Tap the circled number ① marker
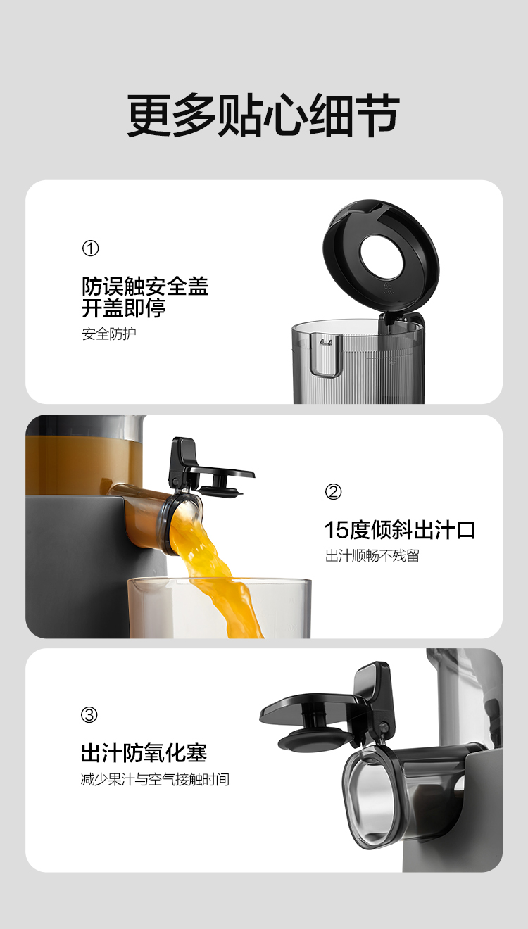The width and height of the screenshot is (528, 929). (90, 248)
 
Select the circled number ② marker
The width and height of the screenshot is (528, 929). (333, 491)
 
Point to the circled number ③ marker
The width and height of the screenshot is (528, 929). (89, 715)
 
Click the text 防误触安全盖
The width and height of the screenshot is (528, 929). (145, 286)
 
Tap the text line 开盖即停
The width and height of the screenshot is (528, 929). (124, 308)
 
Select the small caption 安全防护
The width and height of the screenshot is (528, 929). (109, 334)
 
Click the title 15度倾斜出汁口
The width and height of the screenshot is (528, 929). (399, 530)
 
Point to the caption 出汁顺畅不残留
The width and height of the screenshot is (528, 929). (372, 556)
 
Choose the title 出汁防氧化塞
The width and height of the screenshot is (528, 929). (144, 753)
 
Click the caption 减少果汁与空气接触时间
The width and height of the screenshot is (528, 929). (155, 780)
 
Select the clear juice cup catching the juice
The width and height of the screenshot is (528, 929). (220, 607)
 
